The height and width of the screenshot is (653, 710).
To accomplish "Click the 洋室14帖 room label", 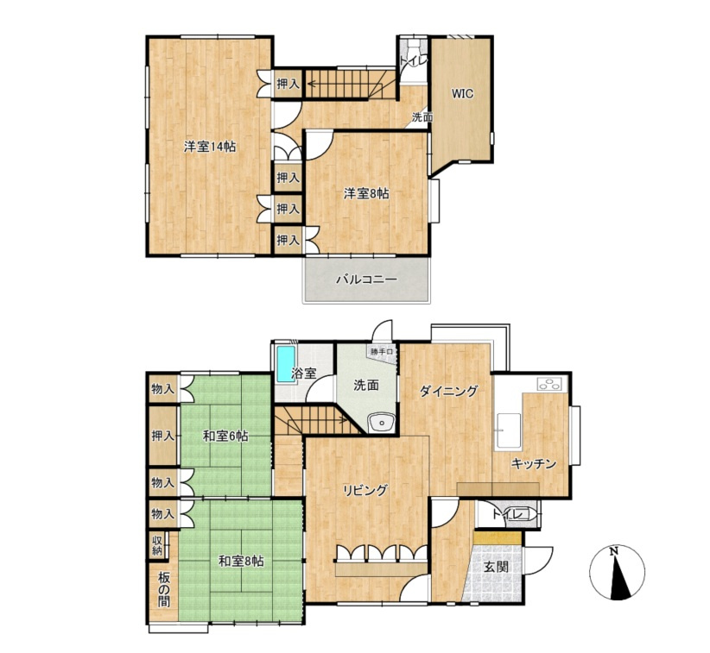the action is pyautogui.click(x=210, y=147).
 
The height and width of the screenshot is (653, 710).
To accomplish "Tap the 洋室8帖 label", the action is pyautogui.click(x=366, y=193).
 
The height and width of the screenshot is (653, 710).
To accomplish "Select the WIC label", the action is pyautogui.click(x=463, y=94).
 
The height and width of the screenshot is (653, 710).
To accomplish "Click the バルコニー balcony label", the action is pyautogui.click(x=366, y=279).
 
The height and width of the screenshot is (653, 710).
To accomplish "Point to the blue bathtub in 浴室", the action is pyautogui.click(x=285, y=365).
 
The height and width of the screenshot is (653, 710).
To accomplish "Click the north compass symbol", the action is pyautogui.click(x=618, y=573).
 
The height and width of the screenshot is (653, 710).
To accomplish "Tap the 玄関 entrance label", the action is pyautogui.click(x=497, y=566).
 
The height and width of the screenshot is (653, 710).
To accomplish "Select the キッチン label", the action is pyautogui.click(x=534, y=463).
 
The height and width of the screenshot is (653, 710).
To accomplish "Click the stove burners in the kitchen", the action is pyautogui.click(x=552, y=384).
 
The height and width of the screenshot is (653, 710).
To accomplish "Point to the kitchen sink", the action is pyautogui.click(x=507, y=430).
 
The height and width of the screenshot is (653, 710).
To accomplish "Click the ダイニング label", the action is pyautogui.click(x=448, y=391).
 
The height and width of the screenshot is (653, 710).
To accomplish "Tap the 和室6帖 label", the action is pyautogui.click(x=225, y=436).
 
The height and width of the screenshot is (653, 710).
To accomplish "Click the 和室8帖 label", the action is pyautogui.click(x=241, y=562).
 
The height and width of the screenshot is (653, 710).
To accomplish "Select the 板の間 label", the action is pyautogui.click(x=164, y=589).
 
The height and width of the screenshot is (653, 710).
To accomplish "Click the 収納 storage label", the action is pyautogui.click(x=157, y=545).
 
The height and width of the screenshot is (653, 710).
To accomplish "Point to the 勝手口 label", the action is pyautogui.click(x=381, y=351).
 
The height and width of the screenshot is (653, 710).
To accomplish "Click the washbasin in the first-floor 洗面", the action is pyautogui.click(x=382, y=424).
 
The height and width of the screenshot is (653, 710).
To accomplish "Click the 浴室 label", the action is pyautogui.click(x=303, y=374).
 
